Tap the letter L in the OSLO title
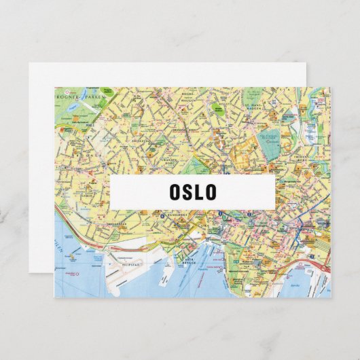[198, 192]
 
